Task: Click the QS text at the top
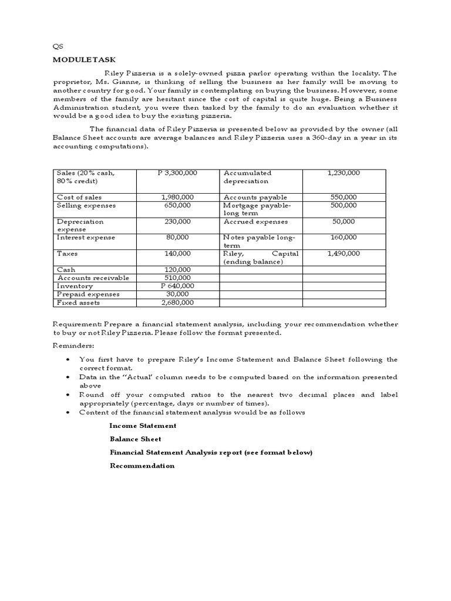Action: [x=58, y=46]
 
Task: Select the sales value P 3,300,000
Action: [x=177, y=173]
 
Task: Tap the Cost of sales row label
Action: [x=79, y=198]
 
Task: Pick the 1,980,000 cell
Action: [x=177, y=198]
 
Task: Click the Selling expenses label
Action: [x=86, y=205]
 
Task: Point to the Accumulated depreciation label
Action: [x=247, y=177]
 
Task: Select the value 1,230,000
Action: [x=344, y=173]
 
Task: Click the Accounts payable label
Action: [x=255, y=198]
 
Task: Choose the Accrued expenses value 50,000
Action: [x=344, y=222]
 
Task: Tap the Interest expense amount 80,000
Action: [x=177, y=238]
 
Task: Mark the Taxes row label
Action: [x=67, y=254]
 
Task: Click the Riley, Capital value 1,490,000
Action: [x=344, y=254]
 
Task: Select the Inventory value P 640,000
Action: [x=177, y=286]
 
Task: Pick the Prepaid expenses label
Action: [x=88, y=294]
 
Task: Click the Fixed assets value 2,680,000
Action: [x=177, y=302]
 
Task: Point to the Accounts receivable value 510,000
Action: [x=177, y=278]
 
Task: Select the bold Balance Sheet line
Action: [x=135, y=439]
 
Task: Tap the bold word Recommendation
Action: [x=142, y=465]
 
